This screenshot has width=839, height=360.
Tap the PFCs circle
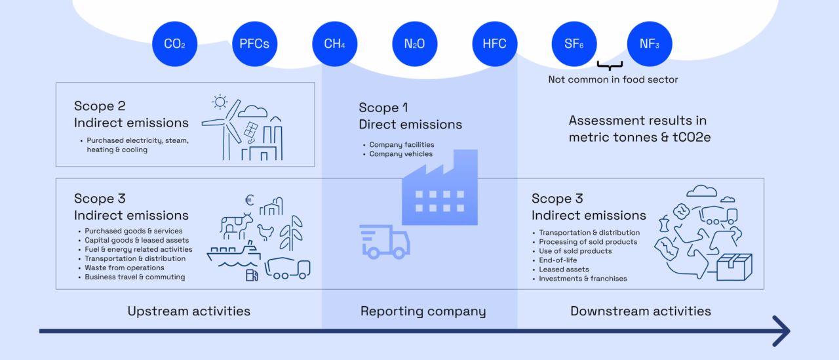(x=254, y=45)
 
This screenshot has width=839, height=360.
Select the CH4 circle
(x=335, y=45)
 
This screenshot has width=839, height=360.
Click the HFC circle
(x=495, y=45)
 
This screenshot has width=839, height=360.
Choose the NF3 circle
(x=650, y=45)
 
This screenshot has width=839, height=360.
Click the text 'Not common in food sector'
(x=613, y=79)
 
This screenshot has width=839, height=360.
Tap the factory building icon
(x=440, y=187)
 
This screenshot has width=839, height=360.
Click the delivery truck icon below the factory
(x=385, y=241)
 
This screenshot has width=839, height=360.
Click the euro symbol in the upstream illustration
(x=249, y=201)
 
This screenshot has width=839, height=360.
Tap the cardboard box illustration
(x=734, y=266)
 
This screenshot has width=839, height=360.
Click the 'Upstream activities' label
(x=189, y=311)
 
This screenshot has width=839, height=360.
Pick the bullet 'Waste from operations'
(x=125, y=268)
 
